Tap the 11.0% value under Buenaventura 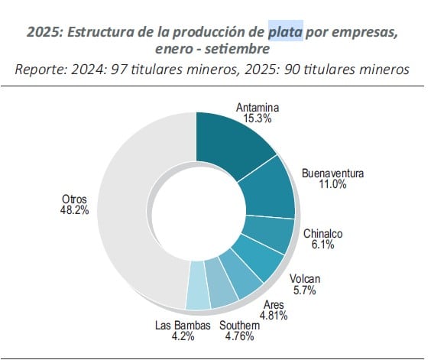[x=332, y=184]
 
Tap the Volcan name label [x=304, y=279]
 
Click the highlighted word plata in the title [x=286, y=33]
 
